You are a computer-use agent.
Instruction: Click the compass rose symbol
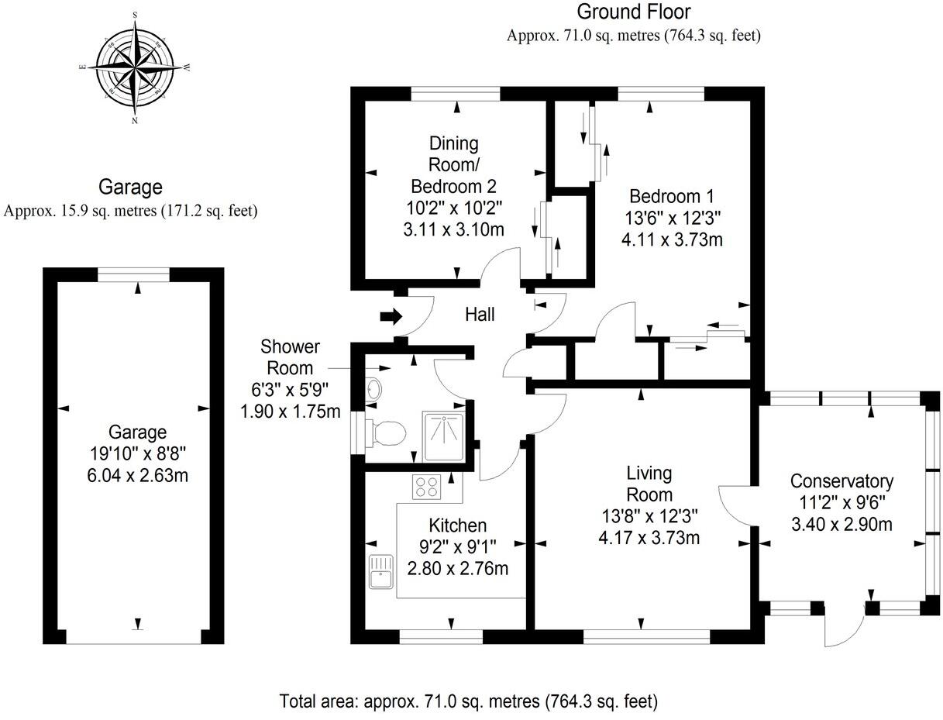coord(136,67)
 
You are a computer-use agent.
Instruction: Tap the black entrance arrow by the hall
coord(392,316)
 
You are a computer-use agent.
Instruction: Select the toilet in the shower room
coord(387,432)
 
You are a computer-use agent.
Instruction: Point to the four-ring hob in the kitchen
coord(427,487)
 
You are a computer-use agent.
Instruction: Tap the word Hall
coord(480,315)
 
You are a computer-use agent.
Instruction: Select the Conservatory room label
coord(841,481)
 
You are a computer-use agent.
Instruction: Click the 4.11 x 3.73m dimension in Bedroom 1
coord(672,239)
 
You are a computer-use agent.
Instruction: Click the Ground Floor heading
coord(633,12)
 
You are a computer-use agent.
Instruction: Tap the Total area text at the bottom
coord(468,701)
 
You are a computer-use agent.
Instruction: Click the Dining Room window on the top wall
coord(455,94)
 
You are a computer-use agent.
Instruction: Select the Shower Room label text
coord(290,357)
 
